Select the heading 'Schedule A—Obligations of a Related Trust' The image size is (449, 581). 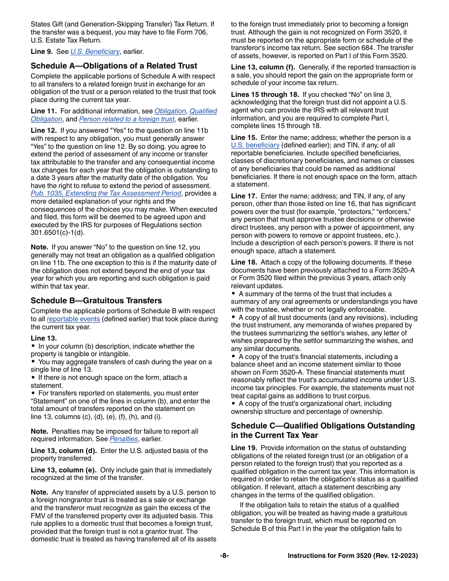click(x=114, y=66)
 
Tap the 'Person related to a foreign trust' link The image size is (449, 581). click(x=126, y=119)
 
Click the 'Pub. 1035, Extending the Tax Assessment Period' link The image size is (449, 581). click(x=106, y=193)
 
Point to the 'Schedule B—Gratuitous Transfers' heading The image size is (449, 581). click(x=96, y=300)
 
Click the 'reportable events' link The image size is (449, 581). click(x=73, y=319)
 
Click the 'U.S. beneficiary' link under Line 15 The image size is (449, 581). click(x=255, y=145)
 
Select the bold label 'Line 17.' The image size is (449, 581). click(x=244, y=196)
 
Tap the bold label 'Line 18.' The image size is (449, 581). click(x=244, y=262)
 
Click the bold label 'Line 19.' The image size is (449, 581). click(x=244, y=448)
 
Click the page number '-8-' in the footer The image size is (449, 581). click(x=224, y=556)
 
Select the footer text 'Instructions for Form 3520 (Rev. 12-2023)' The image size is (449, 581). click(x=353, y=556)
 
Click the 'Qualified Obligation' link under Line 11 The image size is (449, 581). click(x=203, y=111)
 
